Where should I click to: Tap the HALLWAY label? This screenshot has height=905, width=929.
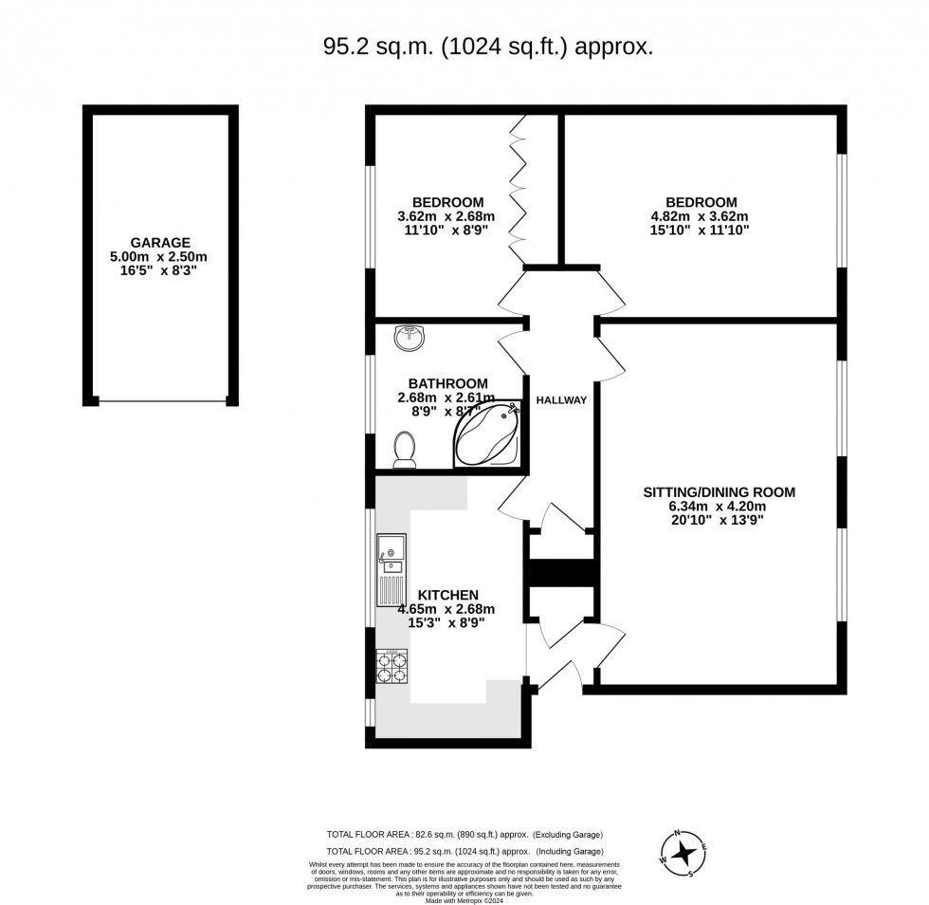pos(561,400)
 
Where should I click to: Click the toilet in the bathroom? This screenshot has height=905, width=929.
pos(405,449)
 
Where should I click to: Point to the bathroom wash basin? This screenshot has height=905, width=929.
pos(410,336)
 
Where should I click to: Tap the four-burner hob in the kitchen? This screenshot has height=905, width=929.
pos(392,665)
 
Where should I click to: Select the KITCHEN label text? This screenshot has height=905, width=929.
pos(447,595)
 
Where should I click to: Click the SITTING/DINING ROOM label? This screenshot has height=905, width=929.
pos(719,491)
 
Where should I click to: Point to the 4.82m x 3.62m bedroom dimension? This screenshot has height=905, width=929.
pos(701,216)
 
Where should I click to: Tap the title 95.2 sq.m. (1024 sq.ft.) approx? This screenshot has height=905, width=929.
pos(488,47)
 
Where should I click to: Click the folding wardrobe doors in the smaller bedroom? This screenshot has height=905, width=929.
pos(519,190)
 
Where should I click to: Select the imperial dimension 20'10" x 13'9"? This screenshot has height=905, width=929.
pos(719,520)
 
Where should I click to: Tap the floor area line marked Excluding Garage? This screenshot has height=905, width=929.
pos(464,834)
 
